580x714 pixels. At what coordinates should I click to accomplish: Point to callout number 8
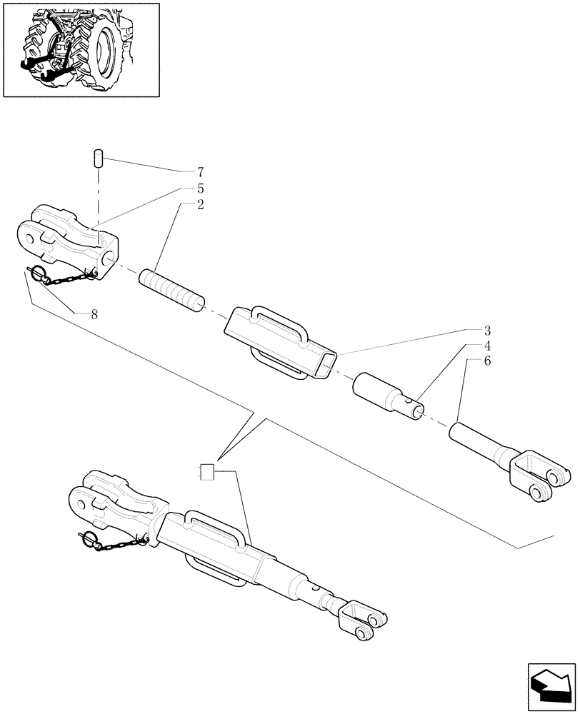(94, 314)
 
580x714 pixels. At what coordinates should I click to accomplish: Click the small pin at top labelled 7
(100, 158)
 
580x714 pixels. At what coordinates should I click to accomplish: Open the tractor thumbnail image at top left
(81, 49)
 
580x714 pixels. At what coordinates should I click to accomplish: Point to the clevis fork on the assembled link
(365, 618)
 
